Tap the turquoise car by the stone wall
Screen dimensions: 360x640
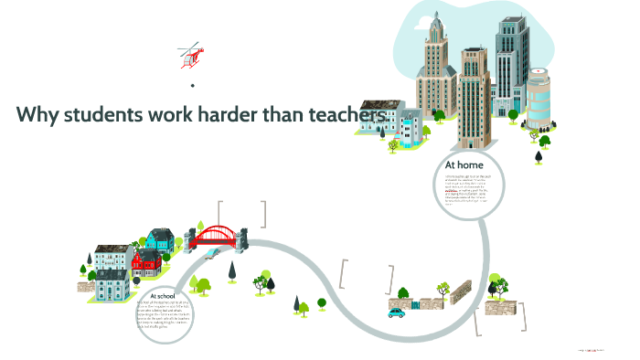click(x=396, y=313)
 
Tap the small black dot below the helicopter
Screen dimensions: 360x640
click(x=193, y=86)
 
